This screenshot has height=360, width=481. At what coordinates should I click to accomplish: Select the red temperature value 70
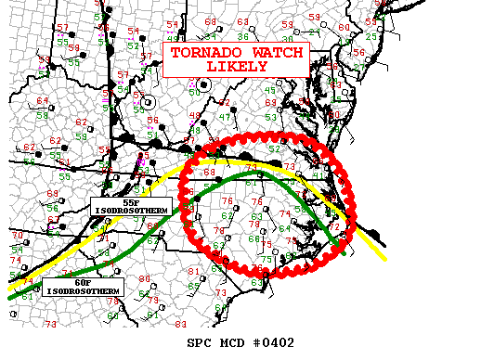[16, 236]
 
